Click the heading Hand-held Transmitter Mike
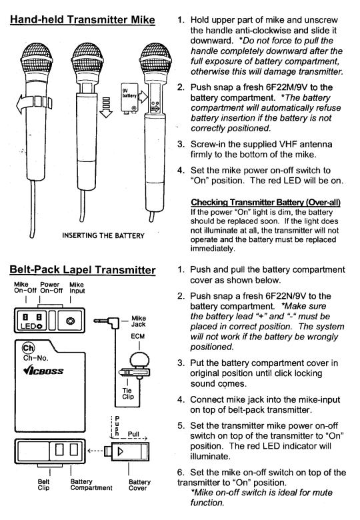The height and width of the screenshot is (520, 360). pyautogui.click(x=83, y=19)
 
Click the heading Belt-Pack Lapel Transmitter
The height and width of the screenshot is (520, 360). pyautogui.click(x=83, y=269)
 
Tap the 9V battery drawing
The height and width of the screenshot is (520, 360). pyautogui.click(x=129, y=99)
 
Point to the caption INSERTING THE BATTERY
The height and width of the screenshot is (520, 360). pyautogui.click(x=103, y=236)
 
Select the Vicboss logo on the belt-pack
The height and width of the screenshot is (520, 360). pyautogui.click(x=43, y=370)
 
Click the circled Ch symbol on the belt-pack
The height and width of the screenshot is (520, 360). pyautogui.click(x=28, y=348)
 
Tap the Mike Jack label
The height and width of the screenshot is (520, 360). pyautogui.click(x=139, y=321)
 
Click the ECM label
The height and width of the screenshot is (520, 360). pyautogui.click(x=137, y=336)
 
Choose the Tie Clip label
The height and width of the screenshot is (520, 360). pyautogui.click(x=128, y=393)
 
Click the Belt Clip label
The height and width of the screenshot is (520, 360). pyautogui.click(x=43, y=485)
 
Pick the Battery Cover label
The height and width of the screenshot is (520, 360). pyautogui.click(x=139, y=485)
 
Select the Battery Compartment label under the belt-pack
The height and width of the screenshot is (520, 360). pyautogui.click(x=91, y=485)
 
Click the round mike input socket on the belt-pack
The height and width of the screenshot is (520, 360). pyautogui.click(x=70, y=321)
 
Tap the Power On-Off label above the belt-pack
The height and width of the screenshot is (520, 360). pyautogui.click(x=51, y=287)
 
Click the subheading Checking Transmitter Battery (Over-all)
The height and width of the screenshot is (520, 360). pyautogui.click(x=265, y=202)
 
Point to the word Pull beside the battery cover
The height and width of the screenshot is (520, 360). pyautogui.click(x=133, y=434)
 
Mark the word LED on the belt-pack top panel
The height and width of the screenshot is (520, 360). pyautogui.click(x=29, y=326)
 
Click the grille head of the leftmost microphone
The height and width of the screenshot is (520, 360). pyautogui.click(x=36, y=59)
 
